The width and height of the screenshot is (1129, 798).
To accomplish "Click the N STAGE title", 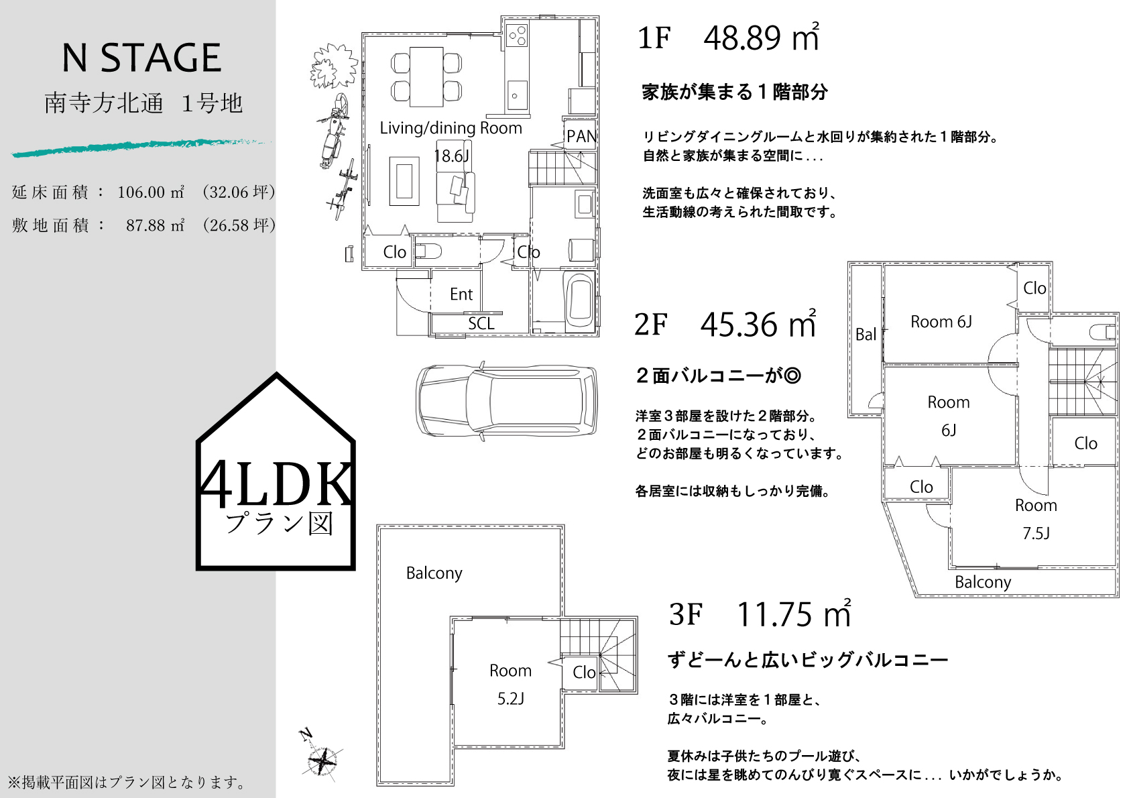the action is point(141,58).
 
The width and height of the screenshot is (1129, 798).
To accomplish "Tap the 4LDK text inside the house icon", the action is point(276,484).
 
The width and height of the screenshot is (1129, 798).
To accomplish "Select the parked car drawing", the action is point(506,401).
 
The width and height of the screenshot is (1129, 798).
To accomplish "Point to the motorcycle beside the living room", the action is point(333,131).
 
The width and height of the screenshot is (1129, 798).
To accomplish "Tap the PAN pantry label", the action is point(581,136).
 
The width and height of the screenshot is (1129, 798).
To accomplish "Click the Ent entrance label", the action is point(461,294).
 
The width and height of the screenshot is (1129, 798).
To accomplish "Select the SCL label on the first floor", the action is point(481,324).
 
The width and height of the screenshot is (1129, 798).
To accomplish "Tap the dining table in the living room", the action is point(426,76).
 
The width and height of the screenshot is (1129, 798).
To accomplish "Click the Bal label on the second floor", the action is point(866,334).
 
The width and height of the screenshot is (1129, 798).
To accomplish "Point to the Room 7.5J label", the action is point(1036,519).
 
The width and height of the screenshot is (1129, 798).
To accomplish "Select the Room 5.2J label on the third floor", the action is point(511,684).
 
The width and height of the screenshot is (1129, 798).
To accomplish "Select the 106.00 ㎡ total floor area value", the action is point(151,192).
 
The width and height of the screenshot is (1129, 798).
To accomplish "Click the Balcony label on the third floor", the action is point(434,573).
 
